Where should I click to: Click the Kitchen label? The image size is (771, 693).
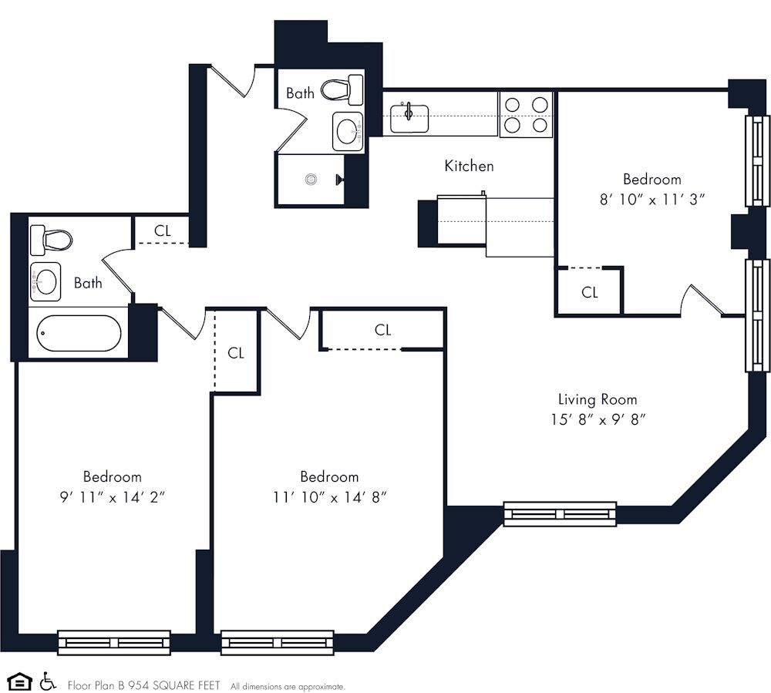coord(469,166)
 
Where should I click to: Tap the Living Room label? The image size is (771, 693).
coord(598,399)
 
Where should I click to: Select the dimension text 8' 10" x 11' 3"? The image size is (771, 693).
coord(652,200)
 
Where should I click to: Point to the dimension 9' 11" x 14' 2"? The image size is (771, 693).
coord(112,497)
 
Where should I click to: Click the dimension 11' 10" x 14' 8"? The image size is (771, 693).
coord(329,497)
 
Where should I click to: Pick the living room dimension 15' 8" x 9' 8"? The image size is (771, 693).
coord(598,420)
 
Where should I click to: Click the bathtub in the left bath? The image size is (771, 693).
coord(79,333)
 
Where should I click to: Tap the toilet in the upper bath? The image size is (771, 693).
coord(342,89)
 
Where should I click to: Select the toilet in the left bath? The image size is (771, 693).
coord(51,241)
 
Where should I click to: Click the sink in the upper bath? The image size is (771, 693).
coord(348,131)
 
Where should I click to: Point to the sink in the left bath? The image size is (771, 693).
coord(45,281)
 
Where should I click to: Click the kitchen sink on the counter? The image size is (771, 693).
coord(409,118)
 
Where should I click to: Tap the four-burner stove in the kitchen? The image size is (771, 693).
coord(526,115)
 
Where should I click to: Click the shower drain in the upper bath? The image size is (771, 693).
coord(311,180)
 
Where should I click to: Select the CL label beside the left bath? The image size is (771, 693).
coord(162,230)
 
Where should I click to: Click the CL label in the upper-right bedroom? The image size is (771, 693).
coord(590,292)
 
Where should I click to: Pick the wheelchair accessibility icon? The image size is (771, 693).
coord(47,681)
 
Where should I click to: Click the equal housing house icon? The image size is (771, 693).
coord(20,682)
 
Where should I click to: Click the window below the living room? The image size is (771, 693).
coord(560,514)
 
